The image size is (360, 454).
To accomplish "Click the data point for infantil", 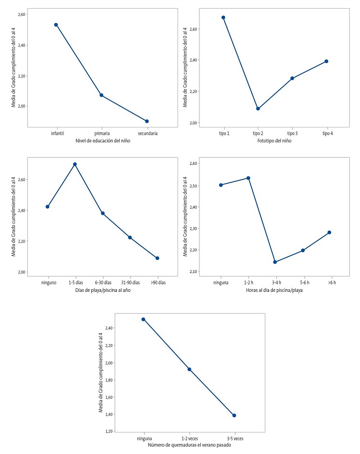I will [56, 25].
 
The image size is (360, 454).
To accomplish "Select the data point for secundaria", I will [147, 121].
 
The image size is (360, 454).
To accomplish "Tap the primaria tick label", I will [102, 133].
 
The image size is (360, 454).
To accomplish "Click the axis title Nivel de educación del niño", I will [101, 141].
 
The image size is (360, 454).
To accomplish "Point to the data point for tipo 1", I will [223, 18].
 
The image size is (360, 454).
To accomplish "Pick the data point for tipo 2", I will [258, 109].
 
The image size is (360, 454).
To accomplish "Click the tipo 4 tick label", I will [327, 133].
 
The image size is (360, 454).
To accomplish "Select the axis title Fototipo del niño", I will [275, 141].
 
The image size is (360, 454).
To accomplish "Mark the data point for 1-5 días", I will [75, 164].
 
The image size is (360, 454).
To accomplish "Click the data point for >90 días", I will [157, 258].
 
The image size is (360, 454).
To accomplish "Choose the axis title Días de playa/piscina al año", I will [102, 290].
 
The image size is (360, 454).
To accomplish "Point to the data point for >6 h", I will [329, 232].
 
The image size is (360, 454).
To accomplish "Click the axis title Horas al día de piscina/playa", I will [275, 290].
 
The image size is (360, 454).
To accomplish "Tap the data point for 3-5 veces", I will [234, 415].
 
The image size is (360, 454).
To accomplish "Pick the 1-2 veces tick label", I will [189, 438].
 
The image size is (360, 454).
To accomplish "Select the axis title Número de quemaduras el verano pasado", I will [189, 445].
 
